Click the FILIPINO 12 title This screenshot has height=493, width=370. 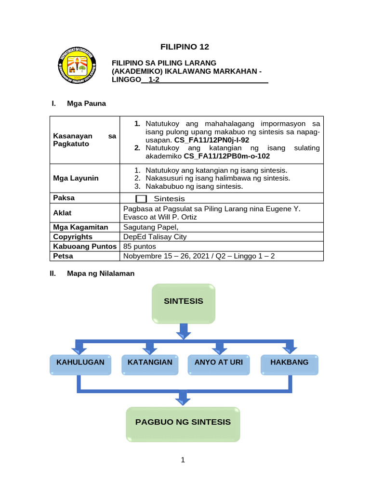[185, 47]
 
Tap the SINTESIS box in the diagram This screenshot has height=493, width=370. [184, 303]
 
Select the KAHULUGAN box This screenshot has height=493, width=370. [80, 364]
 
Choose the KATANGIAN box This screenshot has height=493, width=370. [150, 364]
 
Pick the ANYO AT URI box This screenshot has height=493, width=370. [219, 364]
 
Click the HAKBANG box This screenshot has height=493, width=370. [290, 364]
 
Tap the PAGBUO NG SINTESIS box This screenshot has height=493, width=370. [183, 424]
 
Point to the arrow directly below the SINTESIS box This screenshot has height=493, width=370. [184, 332]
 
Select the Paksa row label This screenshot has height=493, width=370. [64, 198]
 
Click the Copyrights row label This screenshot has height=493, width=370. [73, 237]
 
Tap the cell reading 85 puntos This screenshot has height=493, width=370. [140, 246]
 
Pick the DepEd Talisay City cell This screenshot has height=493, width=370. [155, 237]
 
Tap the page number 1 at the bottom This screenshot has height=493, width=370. [183, 460]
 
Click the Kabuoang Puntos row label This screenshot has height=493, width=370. [85, 246]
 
